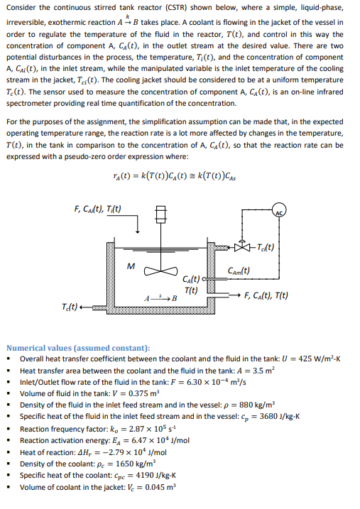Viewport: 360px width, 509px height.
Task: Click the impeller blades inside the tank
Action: tap(160, 270)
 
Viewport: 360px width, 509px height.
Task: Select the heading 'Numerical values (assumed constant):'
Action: tap(78, 348)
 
